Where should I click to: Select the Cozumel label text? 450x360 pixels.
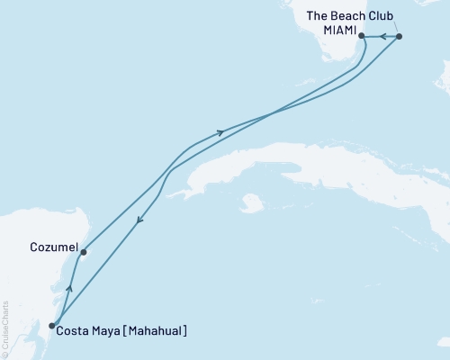tap(50, 244)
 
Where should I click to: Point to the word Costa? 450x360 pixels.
tap(72, 331)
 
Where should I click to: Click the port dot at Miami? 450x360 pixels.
tap(362, 37)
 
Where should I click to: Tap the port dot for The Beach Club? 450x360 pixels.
tap(400, 37)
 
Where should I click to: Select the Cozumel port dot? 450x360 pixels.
tap(83, 252)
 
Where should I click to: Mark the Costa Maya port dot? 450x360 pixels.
tap(52, 326)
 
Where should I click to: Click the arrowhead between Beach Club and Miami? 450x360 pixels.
tap(381, 37)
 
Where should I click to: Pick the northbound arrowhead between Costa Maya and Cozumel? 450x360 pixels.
tap(68, 291)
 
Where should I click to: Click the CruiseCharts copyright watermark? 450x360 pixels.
tap(6, 328)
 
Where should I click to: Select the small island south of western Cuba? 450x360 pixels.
tap(252, 203)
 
